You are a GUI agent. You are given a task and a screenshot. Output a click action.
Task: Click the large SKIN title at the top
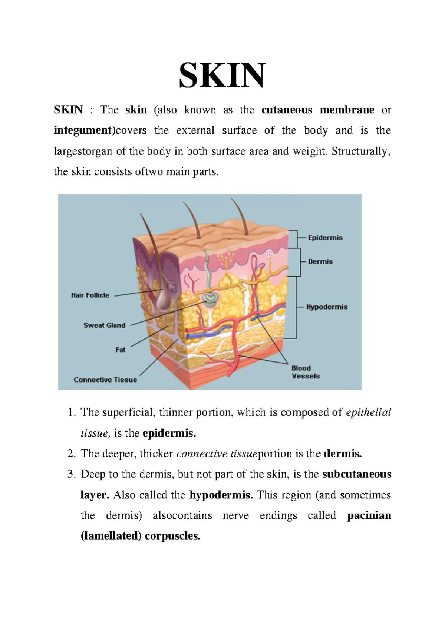[x=221, y=75]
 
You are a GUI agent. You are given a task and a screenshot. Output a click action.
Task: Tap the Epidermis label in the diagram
[x=325, y=238]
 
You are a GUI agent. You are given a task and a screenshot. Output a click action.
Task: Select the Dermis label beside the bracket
[x=320, y=261]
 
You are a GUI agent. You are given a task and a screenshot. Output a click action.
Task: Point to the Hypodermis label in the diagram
[x=327, y=307]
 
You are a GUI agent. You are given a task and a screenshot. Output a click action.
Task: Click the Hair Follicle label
[x=90, y=295]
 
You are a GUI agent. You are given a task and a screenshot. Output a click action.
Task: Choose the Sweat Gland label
[x=105, y=325]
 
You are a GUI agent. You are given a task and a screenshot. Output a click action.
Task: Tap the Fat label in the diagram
[x=121, y=350]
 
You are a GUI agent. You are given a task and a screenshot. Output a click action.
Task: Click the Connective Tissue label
[x=105, y=380]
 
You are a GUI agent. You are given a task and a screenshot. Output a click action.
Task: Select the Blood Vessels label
[x=306, y=372]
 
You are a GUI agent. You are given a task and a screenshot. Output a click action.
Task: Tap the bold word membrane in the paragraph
[x=347, y=110]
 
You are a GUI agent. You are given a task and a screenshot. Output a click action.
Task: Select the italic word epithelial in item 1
[x=369, y=413]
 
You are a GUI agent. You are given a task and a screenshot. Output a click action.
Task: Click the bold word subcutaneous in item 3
[x=357, y=474]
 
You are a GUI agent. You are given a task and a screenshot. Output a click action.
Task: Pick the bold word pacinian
[x=369, y=516]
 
